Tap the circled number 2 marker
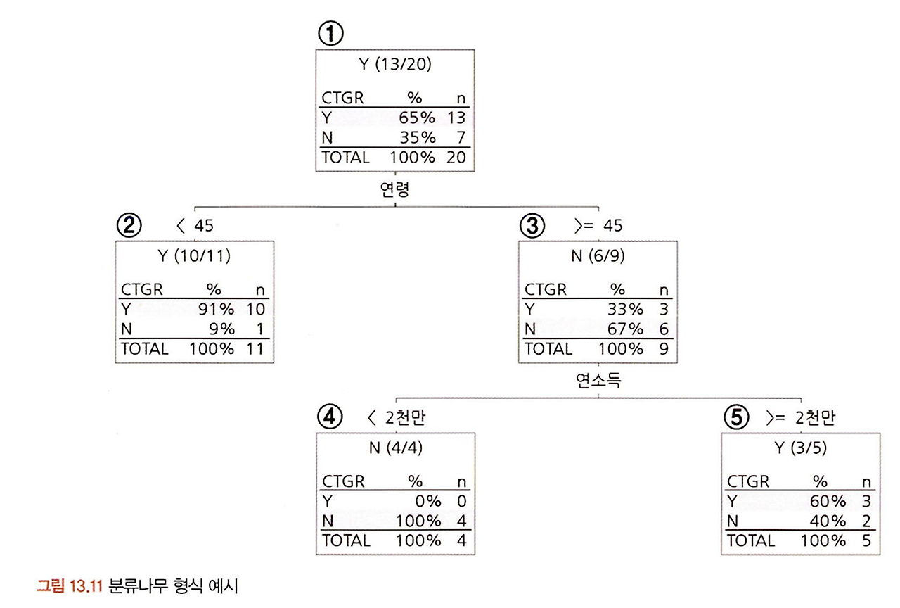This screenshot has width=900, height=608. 129,226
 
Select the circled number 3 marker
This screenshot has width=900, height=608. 532,226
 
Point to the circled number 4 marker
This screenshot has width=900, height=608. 330,418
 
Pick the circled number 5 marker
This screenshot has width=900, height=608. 736,418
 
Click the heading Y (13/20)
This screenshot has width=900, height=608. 394,65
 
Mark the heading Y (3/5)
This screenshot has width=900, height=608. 799,448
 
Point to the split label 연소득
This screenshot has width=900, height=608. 598,381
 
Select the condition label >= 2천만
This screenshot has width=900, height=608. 801,418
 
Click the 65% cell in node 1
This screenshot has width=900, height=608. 419,118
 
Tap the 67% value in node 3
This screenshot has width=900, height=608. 626,329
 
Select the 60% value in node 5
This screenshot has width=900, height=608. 829,501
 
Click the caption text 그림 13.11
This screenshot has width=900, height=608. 70,585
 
